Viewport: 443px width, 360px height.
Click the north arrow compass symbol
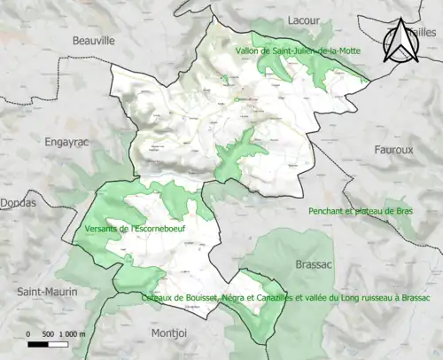tap(400, 43)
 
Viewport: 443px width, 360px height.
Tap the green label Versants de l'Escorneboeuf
tap(134, 229)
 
